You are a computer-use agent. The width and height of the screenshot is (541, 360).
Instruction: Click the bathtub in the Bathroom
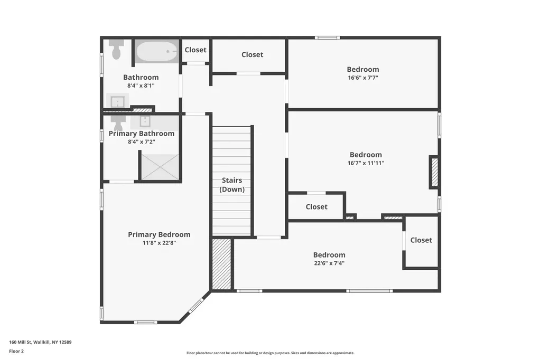(x=156, y=52)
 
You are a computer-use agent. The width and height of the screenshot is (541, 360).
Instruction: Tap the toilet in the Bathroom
(x=117, y=50)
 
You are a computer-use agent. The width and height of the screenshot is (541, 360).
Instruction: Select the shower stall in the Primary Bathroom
(x=160, y=167)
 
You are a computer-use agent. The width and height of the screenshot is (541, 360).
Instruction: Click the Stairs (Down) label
(x=232, y=185)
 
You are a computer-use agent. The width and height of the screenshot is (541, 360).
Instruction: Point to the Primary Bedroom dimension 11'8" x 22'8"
(x=160, y=243)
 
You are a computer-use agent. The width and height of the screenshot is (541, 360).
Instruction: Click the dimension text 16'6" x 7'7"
(x=363, y=78)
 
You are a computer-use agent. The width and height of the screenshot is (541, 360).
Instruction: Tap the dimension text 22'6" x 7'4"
(x=329, y=263)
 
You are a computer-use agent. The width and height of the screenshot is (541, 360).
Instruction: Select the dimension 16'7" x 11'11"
(x=366, y=163)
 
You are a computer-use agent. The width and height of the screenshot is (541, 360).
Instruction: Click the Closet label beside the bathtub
(x=195, y=50)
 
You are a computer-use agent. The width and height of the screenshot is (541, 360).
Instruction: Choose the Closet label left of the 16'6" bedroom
(x=252, y=54)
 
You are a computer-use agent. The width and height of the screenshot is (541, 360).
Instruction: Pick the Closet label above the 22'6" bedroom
(x=316, y=206)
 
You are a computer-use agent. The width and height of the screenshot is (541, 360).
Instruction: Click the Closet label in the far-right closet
(x=421, y=240)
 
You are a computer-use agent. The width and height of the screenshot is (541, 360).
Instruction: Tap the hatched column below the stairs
(x=221, y=264)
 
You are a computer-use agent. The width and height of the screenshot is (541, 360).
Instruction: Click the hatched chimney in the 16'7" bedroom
(x=435, y=172)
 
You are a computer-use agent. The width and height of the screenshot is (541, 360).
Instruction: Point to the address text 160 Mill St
(x=21, y=342)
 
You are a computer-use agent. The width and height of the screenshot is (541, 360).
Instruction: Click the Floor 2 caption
(x=16, y=351)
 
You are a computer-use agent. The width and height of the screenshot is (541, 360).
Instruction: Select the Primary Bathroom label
(x=142, y=134)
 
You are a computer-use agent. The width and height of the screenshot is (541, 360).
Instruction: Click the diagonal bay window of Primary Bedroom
(x=196, y=306)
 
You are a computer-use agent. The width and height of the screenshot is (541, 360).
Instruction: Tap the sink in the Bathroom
(x=117, y=101)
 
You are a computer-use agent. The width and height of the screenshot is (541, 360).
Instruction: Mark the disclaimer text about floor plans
(x=270, y=353)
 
